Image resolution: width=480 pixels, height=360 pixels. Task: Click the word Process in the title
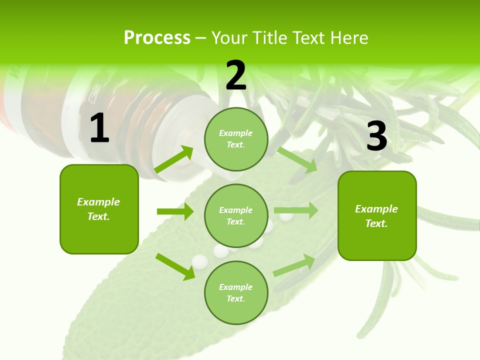click(x=157, y=38)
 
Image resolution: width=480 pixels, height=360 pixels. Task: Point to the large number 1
click(x=99, y=128)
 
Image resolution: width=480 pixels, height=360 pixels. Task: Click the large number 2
click(x=236, y=75)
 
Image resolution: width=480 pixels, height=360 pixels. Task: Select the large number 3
click(x=376, y=136)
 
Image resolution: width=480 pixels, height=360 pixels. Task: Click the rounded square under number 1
click(x=99, y=209)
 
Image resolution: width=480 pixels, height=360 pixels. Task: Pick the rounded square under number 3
click(x=377, y=215)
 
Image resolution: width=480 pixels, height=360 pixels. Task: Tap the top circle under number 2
click(x=236, y=139)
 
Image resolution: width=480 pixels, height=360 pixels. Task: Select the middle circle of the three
click(x=236, y=215)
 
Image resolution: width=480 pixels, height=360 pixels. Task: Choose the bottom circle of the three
click(x=236, y=292)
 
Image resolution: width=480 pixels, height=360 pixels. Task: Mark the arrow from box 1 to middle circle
click(x=175, y=211)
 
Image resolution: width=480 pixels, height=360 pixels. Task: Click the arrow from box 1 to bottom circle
click(x=175, y=266)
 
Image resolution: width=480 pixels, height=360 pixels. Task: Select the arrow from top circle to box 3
click(x=297, y=160)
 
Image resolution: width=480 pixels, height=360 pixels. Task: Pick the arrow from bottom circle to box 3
click(x=294, y=265)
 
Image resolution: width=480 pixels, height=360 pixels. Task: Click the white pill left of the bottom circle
click(x=199, y=261)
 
